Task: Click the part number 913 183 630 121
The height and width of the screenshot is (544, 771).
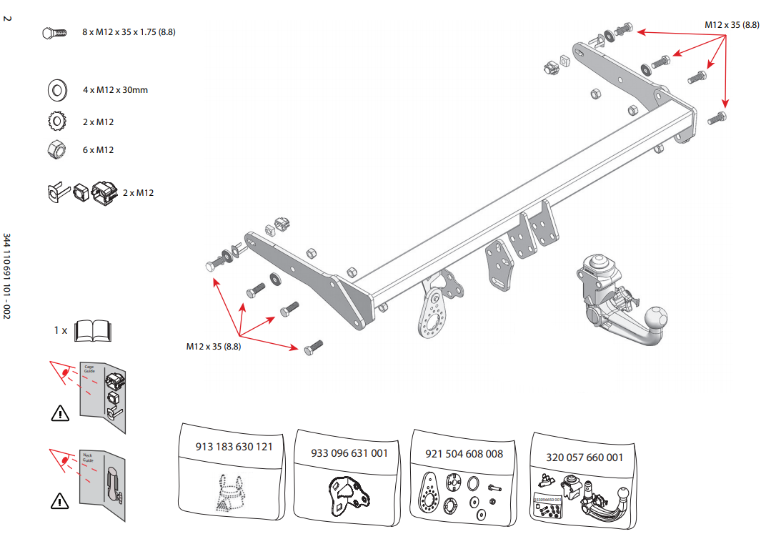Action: (234, 447)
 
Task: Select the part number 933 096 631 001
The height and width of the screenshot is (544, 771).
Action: (349, 453)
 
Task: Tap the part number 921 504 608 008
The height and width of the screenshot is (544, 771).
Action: (464, 453)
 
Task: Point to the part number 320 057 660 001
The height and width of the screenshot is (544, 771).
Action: (585, 458)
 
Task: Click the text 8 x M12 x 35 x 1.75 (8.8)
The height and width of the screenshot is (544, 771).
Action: (129, 33)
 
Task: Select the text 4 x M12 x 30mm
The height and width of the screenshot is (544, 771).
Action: (115, 90)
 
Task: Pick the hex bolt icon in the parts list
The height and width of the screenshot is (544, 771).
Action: (54, 33)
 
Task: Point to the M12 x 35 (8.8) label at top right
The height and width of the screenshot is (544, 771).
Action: (732, 24)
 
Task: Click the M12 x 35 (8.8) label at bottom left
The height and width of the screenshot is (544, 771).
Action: (214, 347)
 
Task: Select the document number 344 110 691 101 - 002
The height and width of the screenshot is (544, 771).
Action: (7, 275)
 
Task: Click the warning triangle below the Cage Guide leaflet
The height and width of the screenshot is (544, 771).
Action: (60, 412)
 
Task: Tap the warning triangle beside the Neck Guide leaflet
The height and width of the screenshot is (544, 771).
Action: (60, 500)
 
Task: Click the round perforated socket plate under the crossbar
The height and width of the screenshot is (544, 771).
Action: (434, 315)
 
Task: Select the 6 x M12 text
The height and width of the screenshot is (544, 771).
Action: (98, 150)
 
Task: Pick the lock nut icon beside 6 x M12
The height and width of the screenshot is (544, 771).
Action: (56, 149)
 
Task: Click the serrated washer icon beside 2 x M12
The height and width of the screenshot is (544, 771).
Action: (56, 122)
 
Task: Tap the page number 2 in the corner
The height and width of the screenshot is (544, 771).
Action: (7, 18)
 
